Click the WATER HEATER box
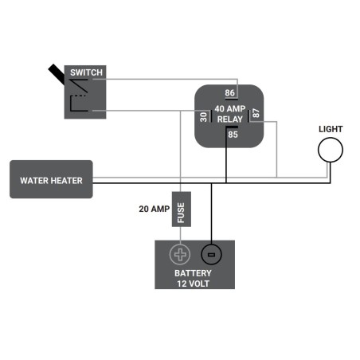coord(51,180)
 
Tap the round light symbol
coord(331,149)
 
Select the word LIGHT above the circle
coord(331,129)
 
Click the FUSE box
coord(181,211)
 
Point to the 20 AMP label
coord(155,209)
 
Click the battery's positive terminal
coord(181,255)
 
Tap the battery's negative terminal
coord(211,255)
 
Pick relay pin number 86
coord(229,93)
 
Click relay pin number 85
coord(233,135)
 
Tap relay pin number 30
coord(204,118)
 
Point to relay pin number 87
coord(256,114)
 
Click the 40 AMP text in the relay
coord(230,108)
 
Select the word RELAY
coord(230,119)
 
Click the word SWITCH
coord(86,72)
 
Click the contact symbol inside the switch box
coord(80,100)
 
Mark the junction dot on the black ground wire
coord(211,185)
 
